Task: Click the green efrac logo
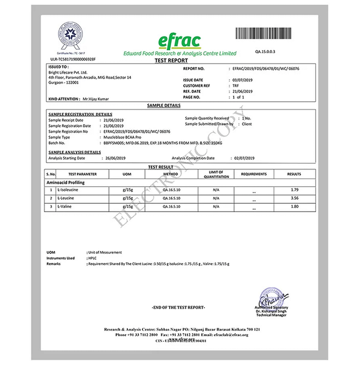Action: [x=178, y=41]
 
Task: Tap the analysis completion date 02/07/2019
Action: [x=244, y=157]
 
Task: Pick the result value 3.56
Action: [x=294, y=199]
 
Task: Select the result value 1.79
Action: [x=294, y=190]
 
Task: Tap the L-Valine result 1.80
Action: [x=294, y=207]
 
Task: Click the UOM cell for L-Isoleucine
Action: [x=126, y=190]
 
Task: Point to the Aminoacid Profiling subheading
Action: [x=66, y=182]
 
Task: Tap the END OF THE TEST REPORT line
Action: [x=178, y=308]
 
